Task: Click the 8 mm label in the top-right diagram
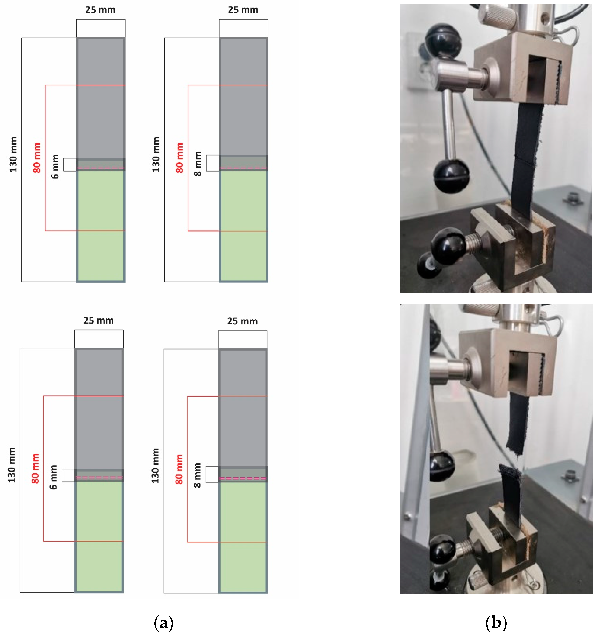[x=198, y=164]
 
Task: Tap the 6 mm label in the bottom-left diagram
[x=53, y=477]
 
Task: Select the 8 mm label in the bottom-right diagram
[x=197, y=475]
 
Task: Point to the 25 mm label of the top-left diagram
[x=100, y=10]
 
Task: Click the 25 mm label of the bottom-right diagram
[x=242, y=321]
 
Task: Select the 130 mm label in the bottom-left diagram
[x=12, y=465]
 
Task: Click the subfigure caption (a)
[x=164, y=622]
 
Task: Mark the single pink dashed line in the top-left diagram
[x=100, y=168]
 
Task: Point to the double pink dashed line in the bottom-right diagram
[x=243, y=478]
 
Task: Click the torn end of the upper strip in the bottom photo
[x=514, y=450]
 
